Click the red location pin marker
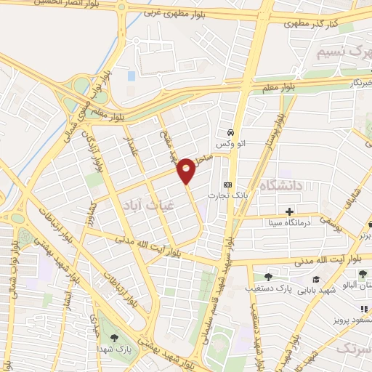click(187, 170)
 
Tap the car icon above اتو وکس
click(230, 133)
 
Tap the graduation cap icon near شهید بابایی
click(316, 279)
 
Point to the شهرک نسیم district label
click(339, 53)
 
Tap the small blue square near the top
click(131, 75)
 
